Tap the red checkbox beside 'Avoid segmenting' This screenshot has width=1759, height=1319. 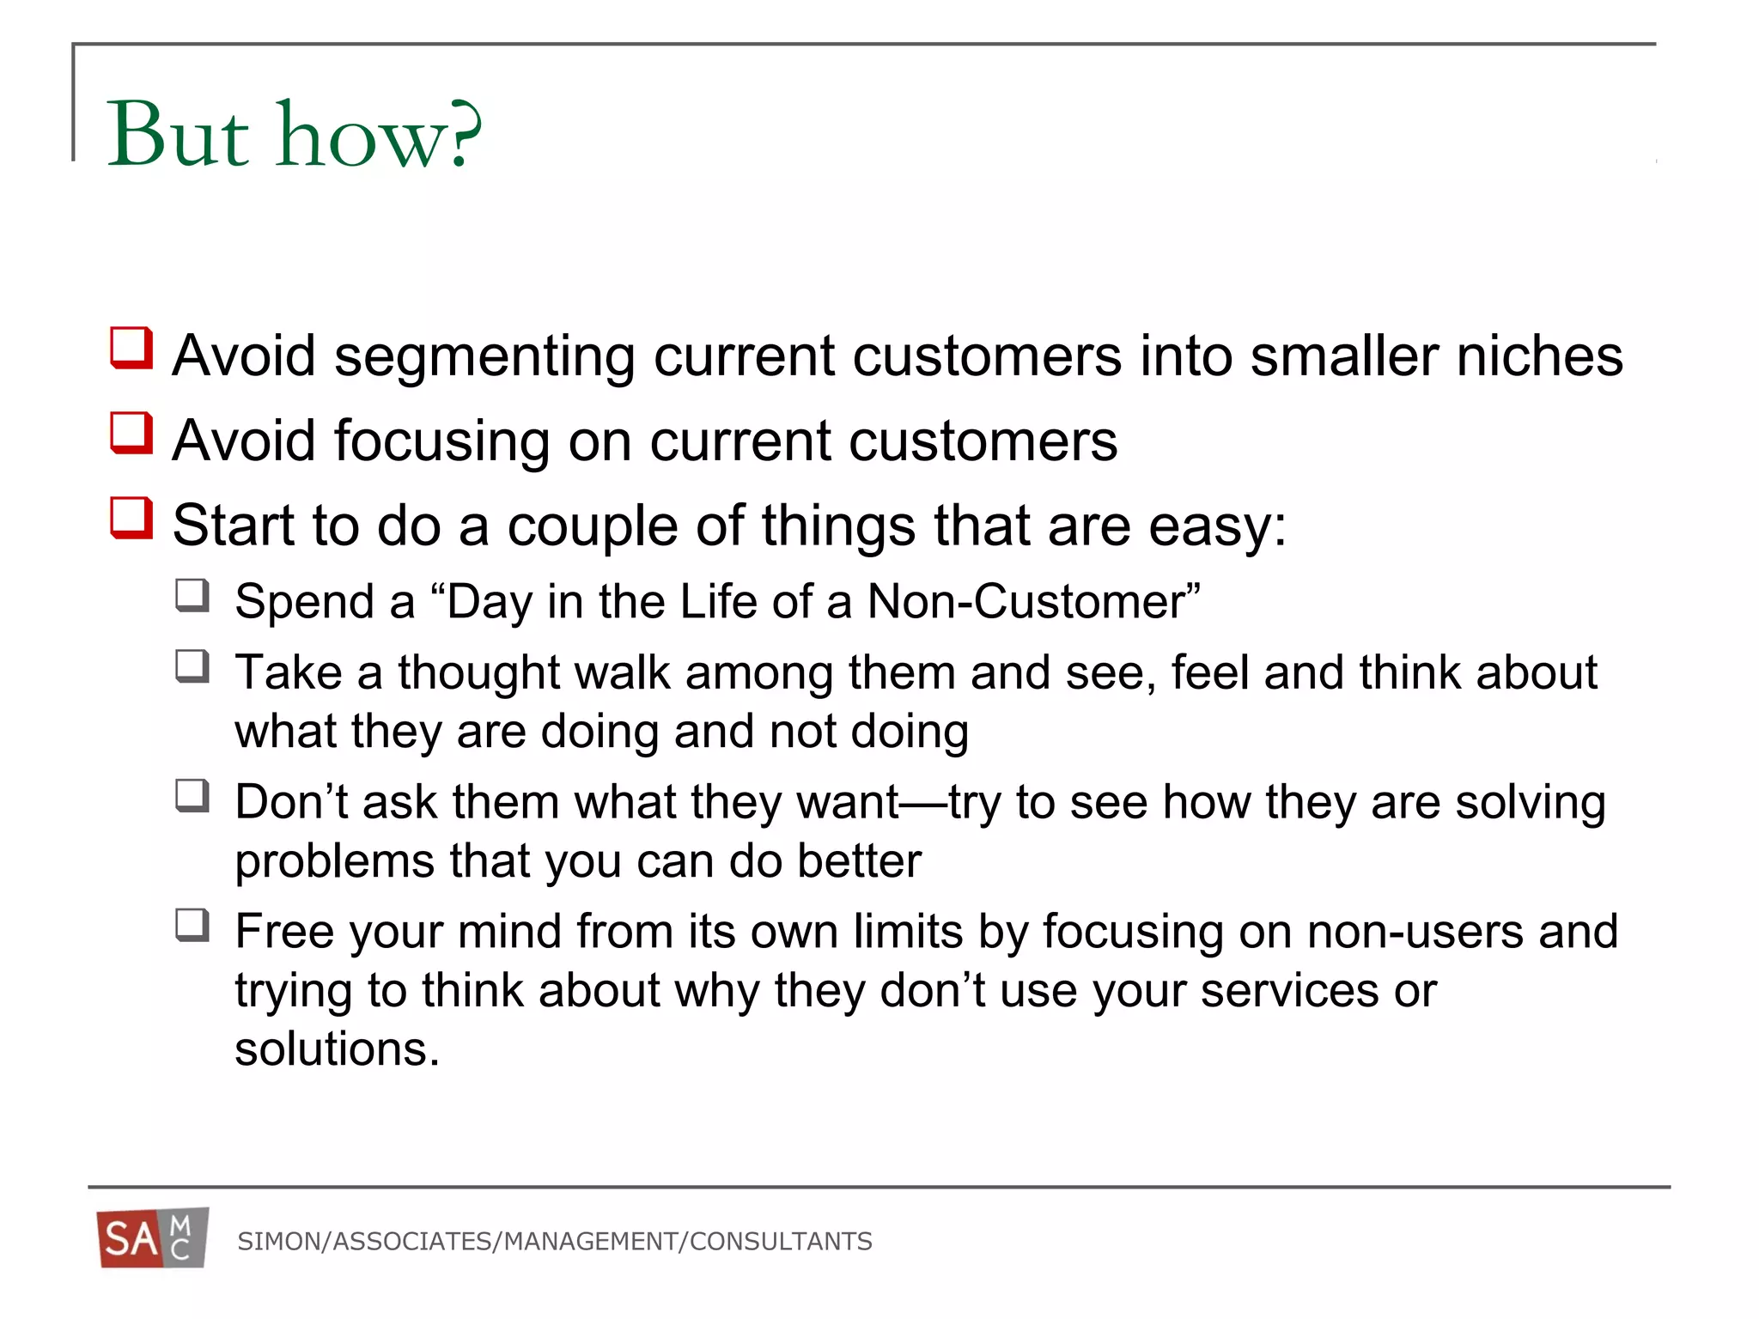pos(131,348)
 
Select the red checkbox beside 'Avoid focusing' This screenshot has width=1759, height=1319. pos(131,433)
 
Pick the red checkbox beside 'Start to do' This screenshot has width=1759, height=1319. pos(131,518)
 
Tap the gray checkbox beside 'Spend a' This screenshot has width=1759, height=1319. pos(192,595)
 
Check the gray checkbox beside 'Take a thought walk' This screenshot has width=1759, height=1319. pos(192,666)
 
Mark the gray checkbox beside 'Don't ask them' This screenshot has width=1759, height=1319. pos(192,795)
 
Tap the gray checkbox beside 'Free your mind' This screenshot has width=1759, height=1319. pos(192,925)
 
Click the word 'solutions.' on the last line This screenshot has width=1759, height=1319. pos(337,1049)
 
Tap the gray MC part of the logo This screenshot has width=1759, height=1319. pos(182,1237)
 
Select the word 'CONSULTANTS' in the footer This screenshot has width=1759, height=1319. pos(781,1242)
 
